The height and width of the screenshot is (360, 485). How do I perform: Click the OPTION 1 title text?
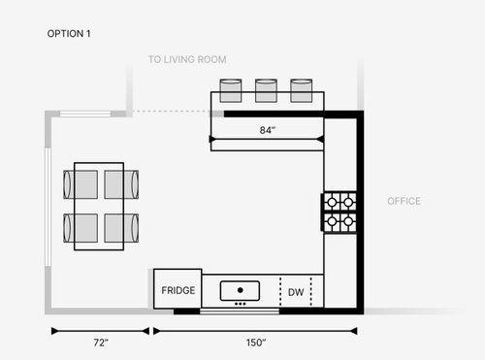[71, 33]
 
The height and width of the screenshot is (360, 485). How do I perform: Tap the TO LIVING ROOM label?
[187, 60]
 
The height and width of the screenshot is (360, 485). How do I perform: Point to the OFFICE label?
[404, 202]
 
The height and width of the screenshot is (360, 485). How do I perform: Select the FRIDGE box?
[177, 290]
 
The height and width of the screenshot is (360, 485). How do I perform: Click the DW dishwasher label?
[296, 290]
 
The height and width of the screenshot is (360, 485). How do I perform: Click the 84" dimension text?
[267, 130]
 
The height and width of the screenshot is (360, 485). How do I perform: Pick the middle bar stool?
[267, 89]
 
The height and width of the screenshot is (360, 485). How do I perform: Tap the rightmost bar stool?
[301, 89]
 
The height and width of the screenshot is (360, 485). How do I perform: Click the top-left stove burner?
[332, 202]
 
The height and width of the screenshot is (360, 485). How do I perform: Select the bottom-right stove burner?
[348, 220]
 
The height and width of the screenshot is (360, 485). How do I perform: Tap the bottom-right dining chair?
[121, 228]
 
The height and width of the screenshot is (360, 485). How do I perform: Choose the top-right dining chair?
[121, 183]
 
